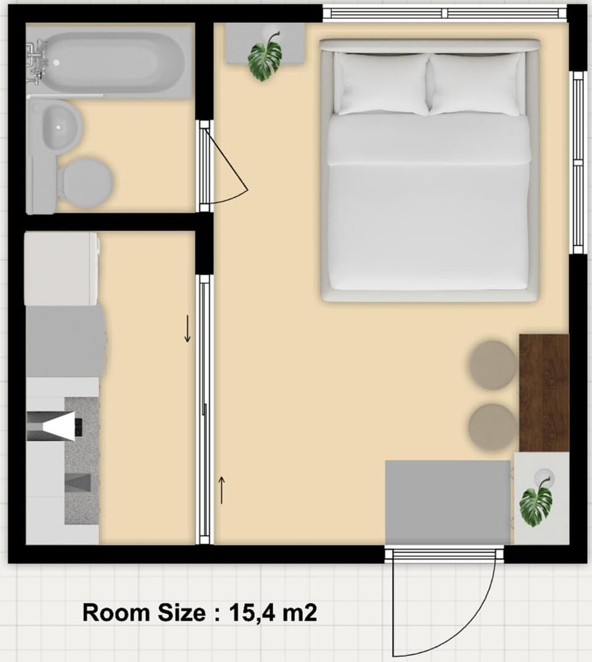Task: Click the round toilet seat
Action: point(88,183)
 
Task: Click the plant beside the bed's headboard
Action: point(265,57)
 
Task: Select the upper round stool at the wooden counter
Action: point(492,365)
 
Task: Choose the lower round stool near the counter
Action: point(492,427)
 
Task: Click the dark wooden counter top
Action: point(544,393)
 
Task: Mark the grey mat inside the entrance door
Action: point(448,502)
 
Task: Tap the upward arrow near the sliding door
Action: point(221,490)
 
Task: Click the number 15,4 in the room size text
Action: point(251,613)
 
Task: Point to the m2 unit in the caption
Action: point(299,613)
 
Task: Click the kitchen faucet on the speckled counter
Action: point(54,426)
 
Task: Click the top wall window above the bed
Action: point(445,14)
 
